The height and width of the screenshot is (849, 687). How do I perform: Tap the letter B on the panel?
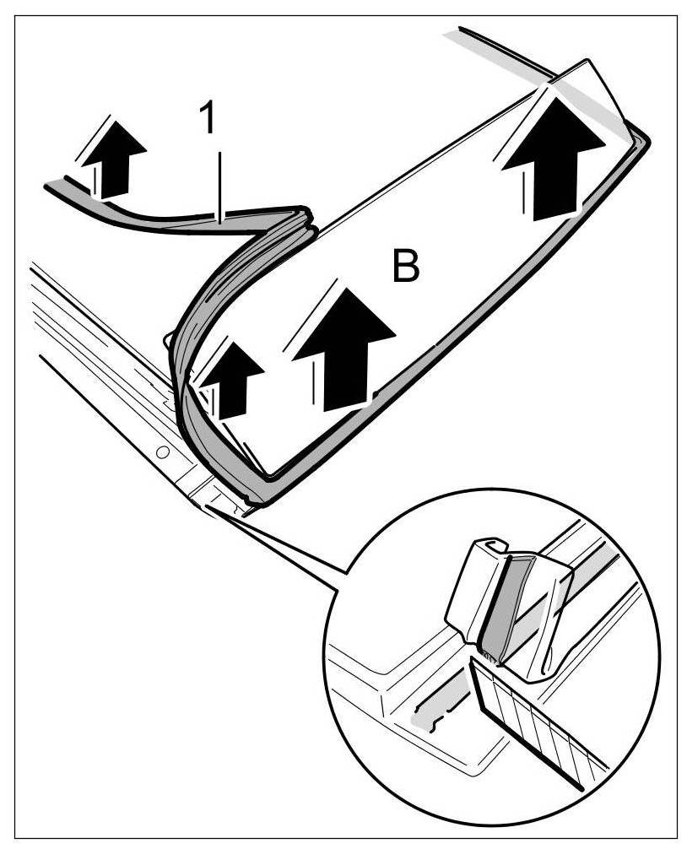pos(404,268)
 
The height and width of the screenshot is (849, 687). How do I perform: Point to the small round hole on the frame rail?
pos(160,453)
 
